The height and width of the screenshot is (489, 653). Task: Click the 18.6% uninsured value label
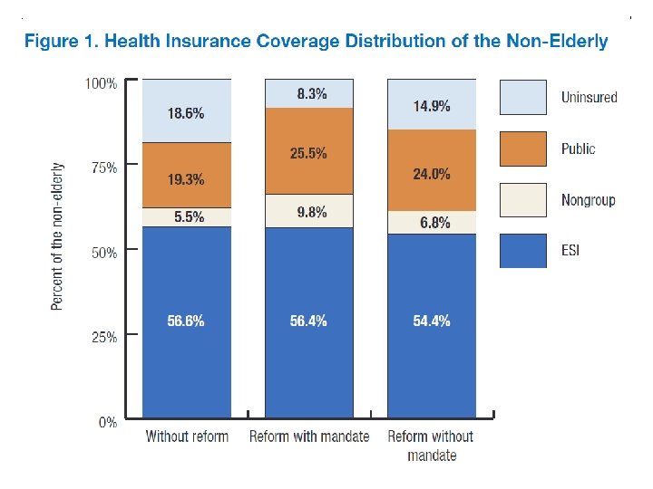[x=186, y=114]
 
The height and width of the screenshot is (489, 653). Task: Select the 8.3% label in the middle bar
[x=308, y=94]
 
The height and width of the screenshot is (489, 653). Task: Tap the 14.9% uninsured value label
[x=432, y=106]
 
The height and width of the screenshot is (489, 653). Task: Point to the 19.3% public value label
[x=186, y=179]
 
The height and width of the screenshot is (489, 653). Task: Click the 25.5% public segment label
[x=308, y=154]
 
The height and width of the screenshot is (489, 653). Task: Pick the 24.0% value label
[x=432, y=174]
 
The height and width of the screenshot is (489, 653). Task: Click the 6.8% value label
[x=434, y=223]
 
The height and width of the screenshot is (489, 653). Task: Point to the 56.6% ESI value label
[x=186, y=321]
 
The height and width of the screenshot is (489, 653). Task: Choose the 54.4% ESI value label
[x=432, y=321]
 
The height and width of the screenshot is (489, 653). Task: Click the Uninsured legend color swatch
[x=523, y=98]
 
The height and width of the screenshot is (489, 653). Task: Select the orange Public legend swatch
[x=523, y=149]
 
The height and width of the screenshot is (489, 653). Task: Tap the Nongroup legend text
[x=588, y=200]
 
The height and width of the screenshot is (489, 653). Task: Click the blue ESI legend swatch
[x=523, y=251]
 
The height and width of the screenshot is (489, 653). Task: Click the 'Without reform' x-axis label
[x=187, y=436]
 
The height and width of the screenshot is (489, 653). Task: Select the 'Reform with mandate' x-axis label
[x=309, y=436]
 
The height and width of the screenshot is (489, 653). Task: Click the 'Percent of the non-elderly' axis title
[x=58, y=236]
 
